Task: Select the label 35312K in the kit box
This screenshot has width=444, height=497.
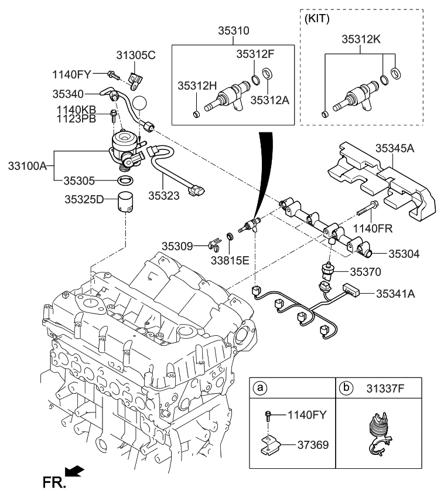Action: pyautogui.click(x=361, y=39)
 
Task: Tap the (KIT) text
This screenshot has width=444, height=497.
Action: pyautogui.click(x=317, y=18)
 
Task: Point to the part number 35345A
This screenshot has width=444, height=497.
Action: pyautogui.click(x=394, y=148)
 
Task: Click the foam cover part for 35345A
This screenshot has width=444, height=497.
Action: pyautogui.click(x=381, y=182)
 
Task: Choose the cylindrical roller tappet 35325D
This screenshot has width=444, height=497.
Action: pyautogui.click(x=126, y=202)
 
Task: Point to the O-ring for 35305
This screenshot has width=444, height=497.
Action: pyautogui.click(x=125, y=179)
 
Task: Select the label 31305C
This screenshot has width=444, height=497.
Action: pyautogui.click(x=135, y=56)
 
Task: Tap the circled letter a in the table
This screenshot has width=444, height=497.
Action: pyautogui.click(x=261, y=387)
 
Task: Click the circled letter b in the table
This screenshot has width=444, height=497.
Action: pyautogui.click(x=346, y=387)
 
